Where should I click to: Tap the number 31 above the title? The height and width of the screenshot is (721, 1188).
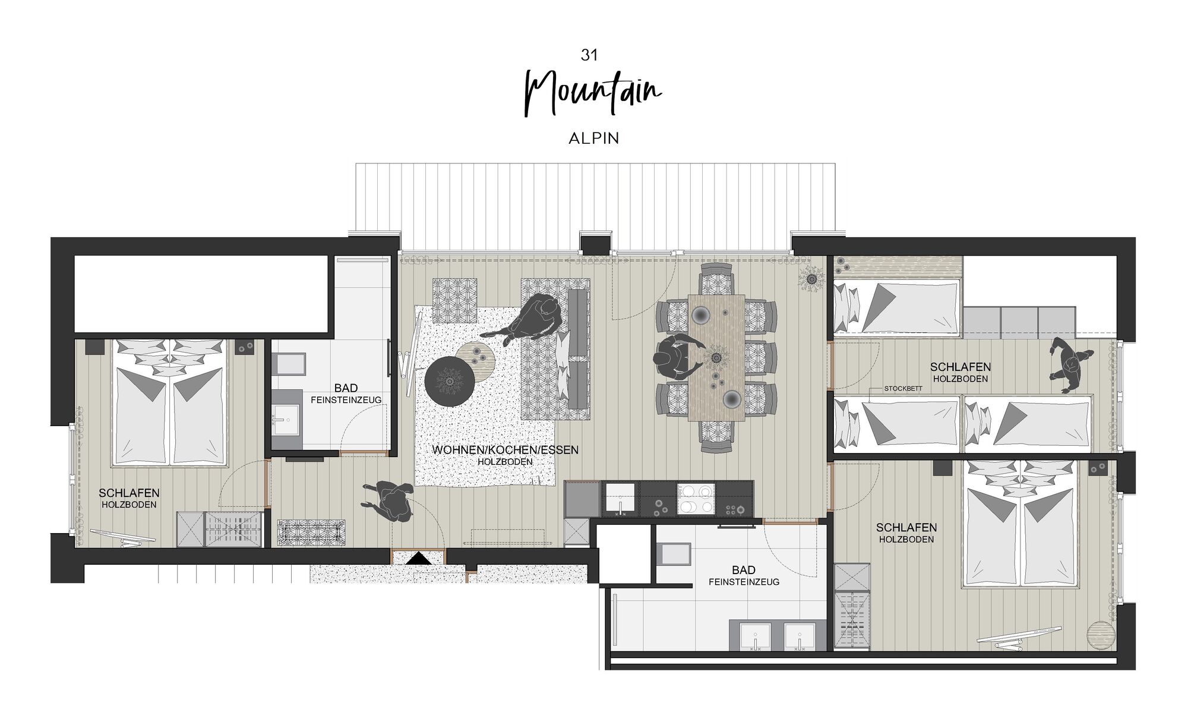tap(589, 55)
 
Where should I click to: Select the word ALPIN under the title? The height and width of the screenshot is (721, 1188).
tap(594, 138)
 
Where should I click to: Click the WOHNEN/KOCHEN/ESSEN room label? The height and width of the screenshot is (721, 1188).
tap(505, 450)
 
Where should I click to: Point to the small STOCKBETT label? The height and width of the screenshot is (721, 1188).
tap(903, 389)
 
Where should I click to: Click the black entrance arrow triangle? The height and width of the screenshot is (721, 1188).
tap(419, 559)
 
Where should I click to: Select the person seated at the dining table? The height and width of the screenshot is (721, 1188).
tap(677, 357)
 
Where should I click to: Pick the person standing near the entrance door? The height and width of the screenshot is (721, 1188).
tap(389, 501)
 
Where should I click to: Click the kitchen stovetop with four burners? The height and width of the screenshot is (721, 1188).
tap(696, 499)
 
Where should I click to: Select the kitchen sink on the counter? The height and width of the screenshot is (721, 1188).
tap(620, 499)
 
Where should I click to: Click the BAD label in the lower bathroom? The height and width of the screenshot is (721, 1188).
tap(744, 570)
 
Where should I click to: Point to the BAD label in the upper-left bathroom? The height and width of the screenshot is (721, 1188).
tap(346, 388)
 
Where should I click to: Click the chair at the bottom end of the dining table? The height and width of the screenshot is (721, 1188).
tap(717, 437)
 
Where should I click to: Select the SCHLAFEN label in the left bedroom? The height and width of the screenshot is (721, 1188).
tap(129, 493)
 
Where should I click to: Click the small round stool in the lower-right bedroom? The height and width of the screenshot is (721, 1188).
tap(1101, 634)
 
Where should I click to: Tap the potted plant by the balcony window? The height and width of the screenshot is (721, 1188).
tap(810, 277)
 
